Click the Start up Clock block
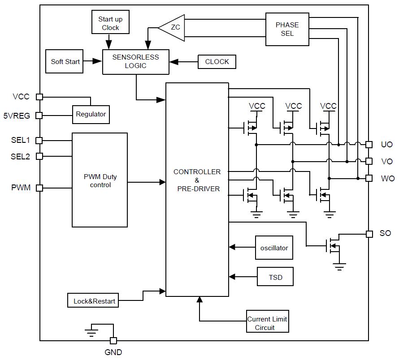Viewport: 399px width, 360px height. coord(110,22)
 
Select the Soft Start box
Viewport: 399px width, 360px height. coord(65,61)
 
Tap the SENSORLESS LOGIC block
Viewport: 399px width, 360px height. coord(136,62)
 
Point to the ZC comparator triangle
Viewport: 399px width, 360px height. coord(172,28)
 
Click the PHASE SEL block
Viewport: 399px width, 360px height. coord(287,29)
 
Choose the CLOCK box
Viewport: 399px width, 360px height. coord(217,62)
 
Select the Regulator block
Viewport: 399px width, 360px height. coord(91,115)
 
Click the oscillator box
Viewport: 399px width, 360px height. coord(274,248)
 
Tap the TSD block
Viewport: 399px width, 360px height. coord(275,277)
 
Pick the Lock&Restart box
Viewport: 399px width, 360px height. coord(93,300)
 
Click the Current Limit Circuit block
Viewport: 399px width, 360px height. coord(268,321)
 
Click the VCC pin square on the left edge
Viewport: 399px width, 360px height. coord(39,97)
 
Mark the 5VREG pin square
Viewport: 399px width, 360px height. coord(39,116)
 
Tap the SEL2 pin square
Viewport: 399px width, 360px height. coord(39,156)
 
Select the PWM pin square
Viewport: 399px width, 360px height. coord(39,188)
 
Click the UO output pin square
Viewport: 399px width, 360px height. coord(369,145)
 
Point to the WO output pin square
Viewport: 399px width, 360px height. coord(369,178)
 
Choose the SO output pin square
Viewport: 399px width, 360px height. coord(369,234)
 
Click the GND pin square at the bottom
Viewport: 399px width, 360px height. coord(113,340)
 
